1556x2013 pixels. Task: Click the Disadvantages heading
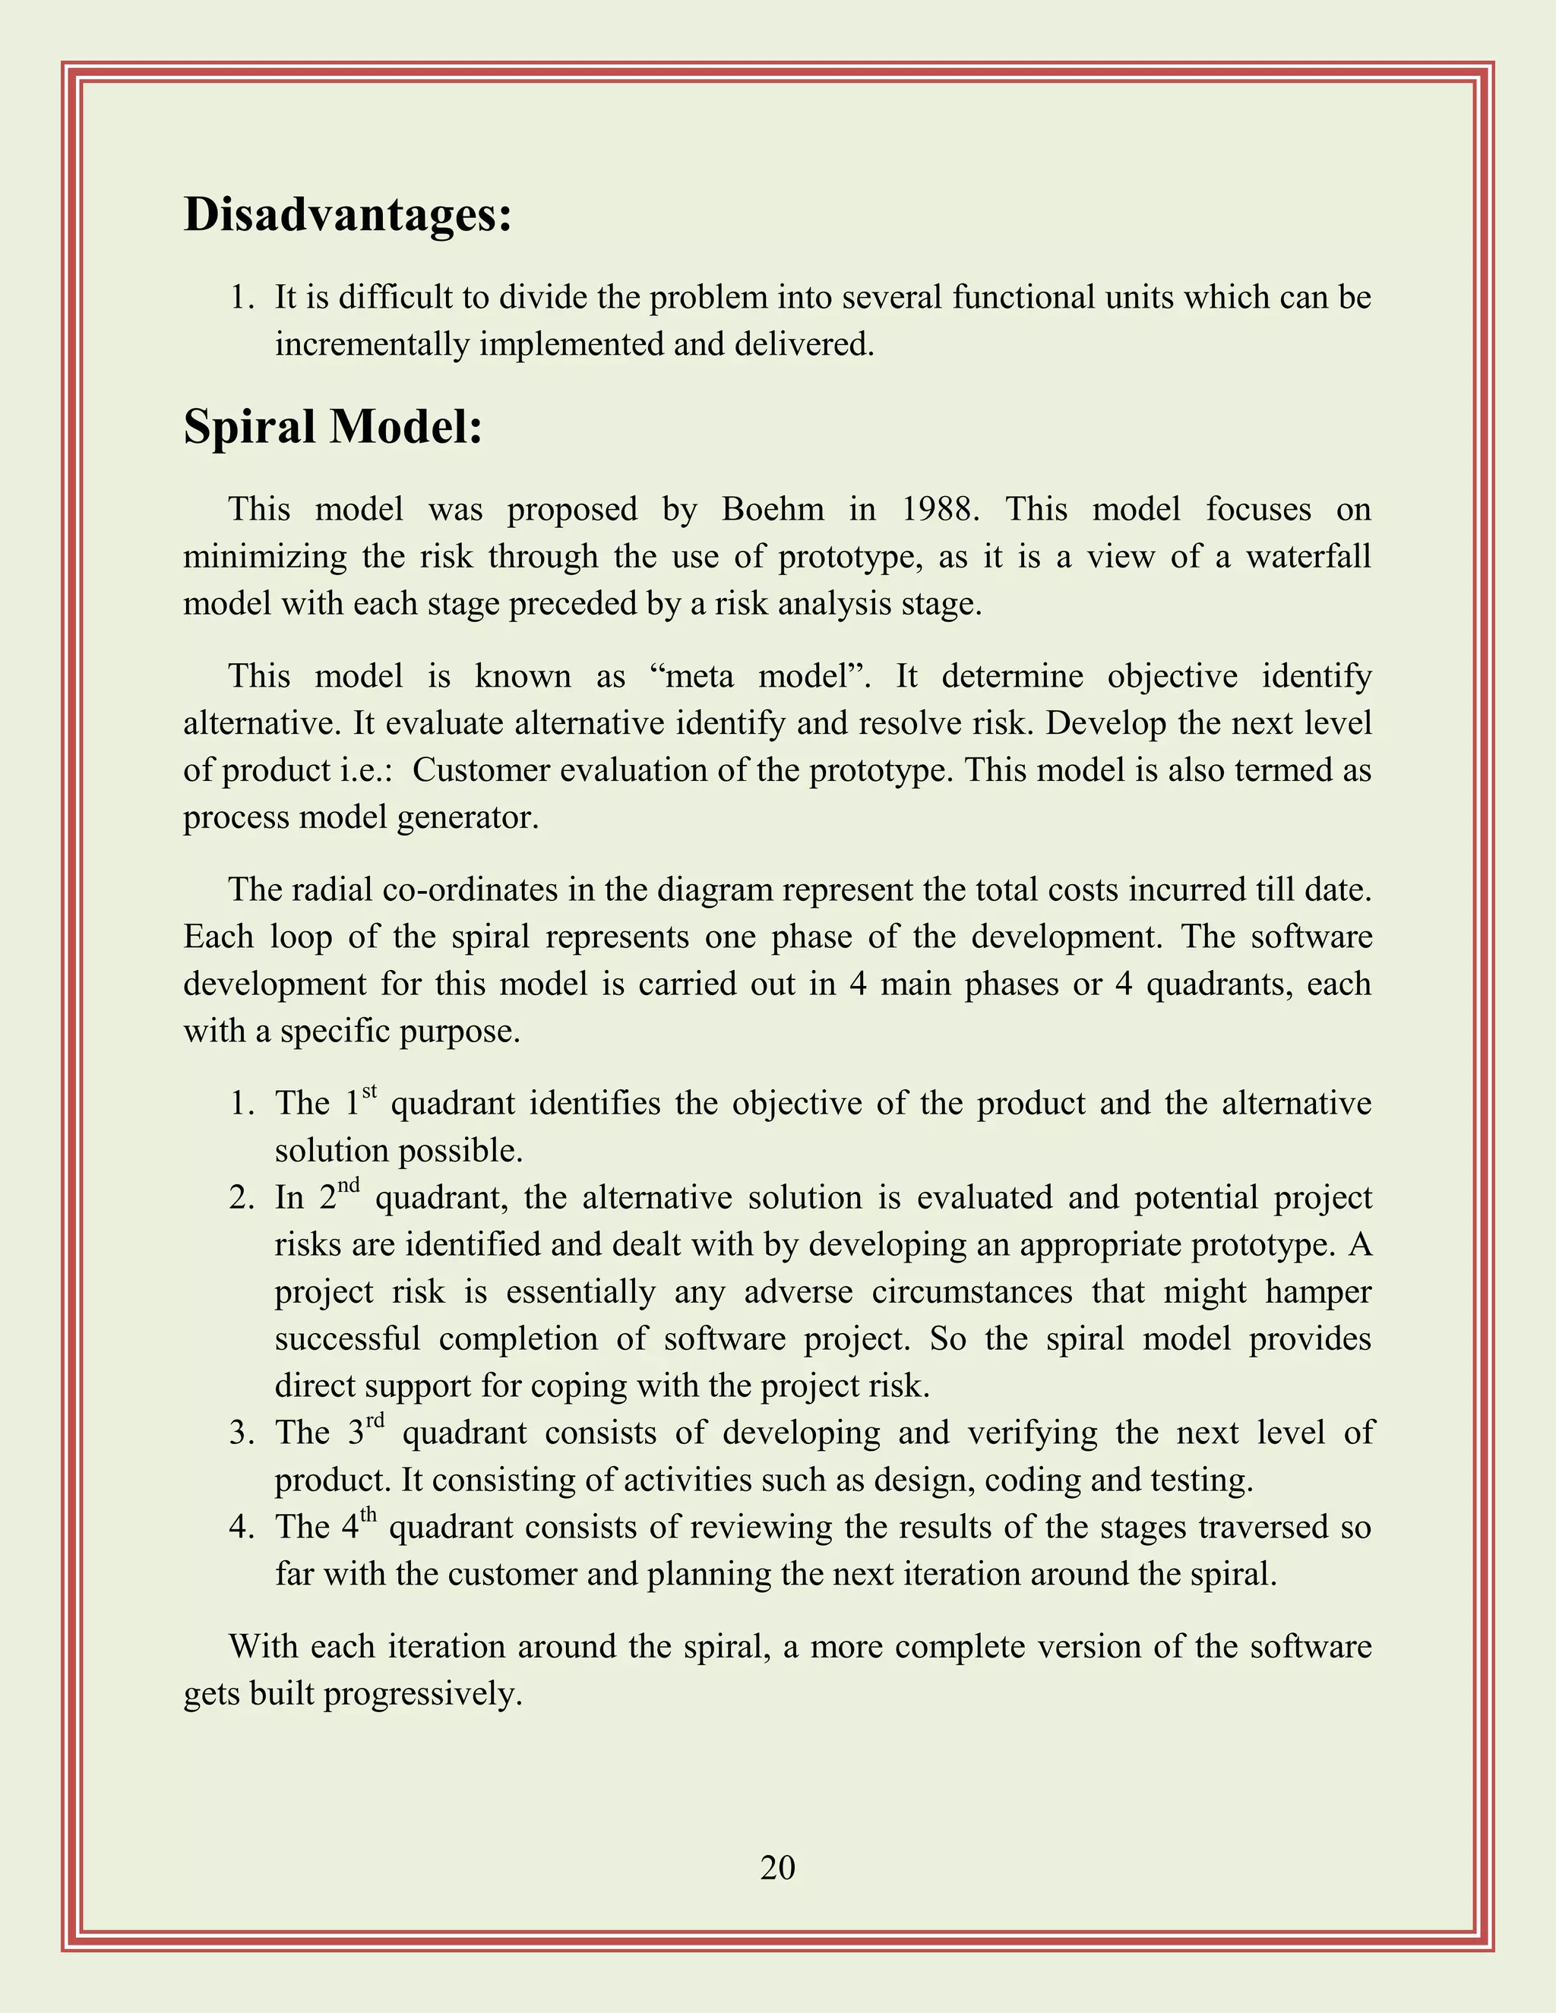click(347, 215)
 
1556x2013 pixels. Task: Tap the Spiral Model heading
click(333, 427)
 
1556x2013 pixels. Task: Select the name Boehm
click(773, 510)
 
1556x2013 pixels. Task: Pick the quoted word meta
click(692, 677)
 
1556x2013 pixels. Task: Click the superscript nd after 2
click(349, 1185)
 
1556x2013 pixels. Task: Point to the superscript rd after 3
click(375, 1420)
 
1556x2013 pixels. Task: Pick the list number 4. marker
click(242, 1528)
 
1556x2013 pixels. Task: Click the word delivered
click(804, 345)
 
